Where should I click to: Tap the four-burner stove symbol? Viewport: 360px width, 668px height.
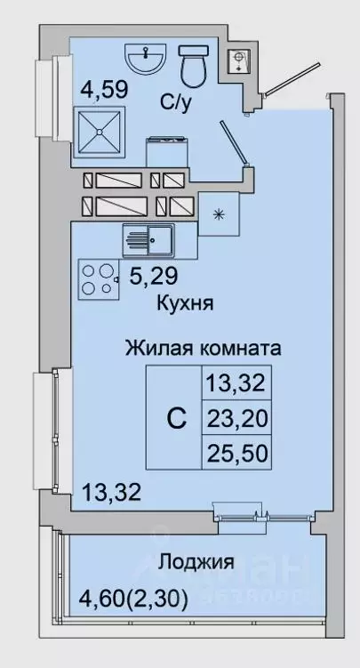[x=100, y=278]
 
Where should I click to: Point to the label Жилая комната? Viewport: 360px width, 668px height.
[x=204, y=348]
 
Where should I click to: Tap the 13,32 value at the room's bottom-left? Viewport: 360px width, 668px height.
[x=110, y=491]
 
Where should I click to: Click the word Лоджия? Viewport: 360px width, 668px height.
[x=196, y=562]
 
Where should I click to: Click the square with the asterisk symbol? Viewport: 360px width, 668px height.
[x=220, y=213]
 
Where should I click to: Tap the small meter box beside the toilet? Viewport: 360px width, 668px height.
[x=238, y=60]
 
